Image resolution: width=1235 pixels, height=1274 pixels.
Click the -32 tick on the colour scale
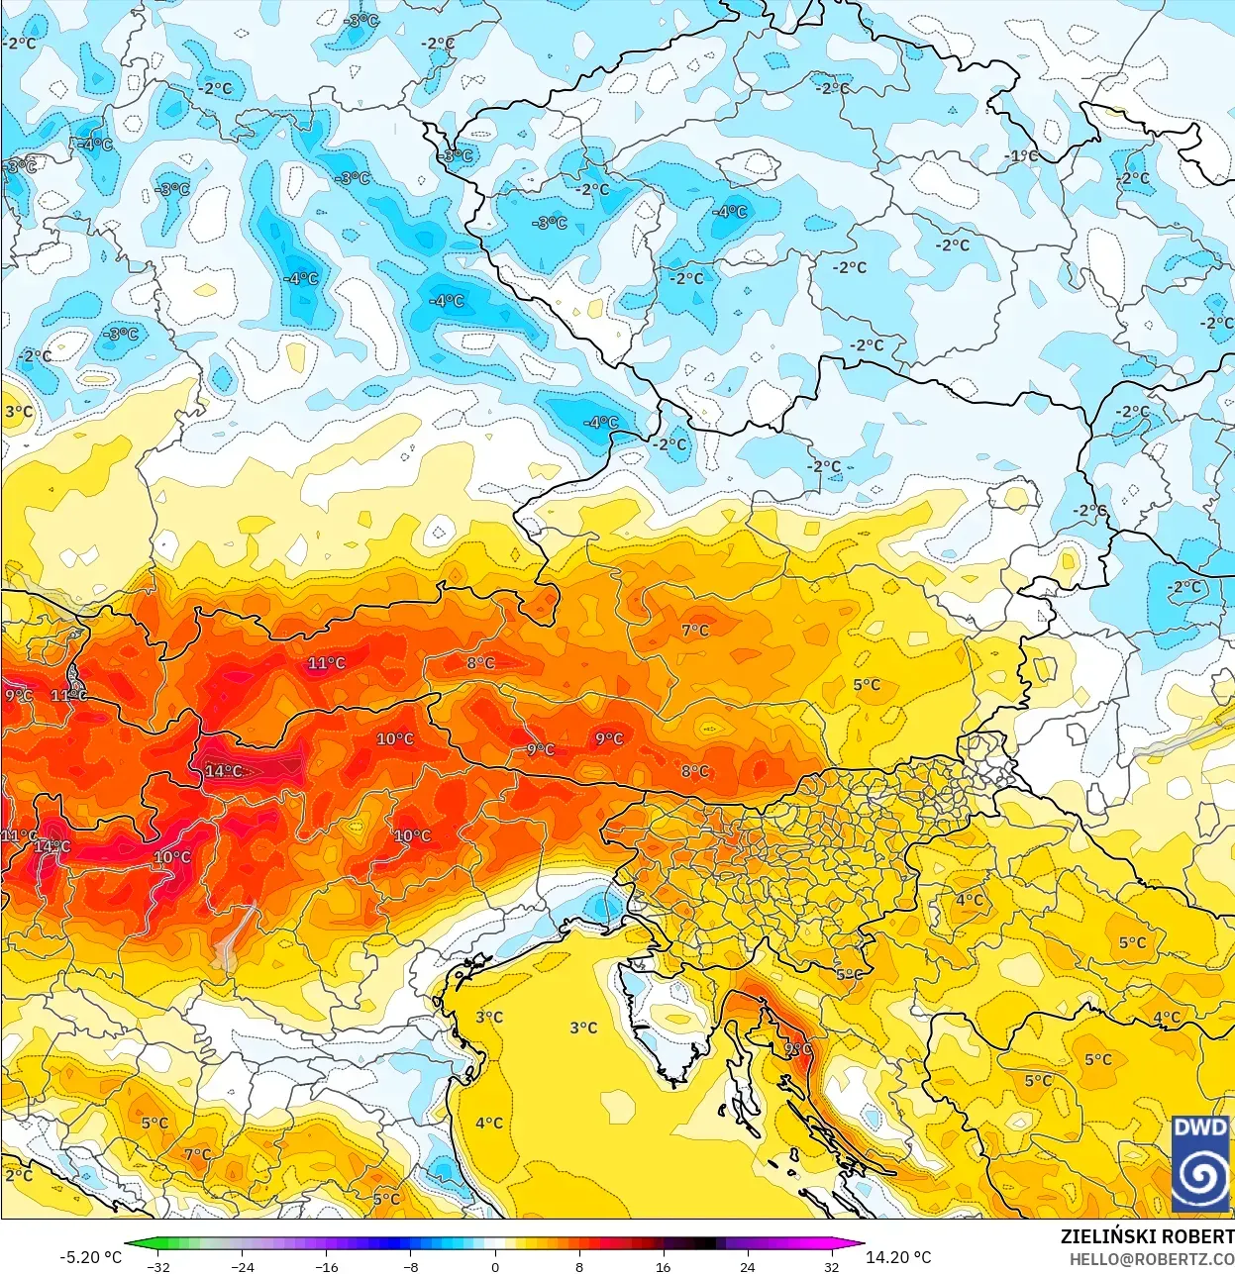(x=158, y=1266)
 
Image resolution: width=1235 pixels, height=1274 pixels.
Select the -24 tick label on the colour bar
(x=243, y=1266)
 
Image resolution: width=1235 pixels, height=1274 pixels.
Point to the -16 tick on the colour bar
(x=327, y=1266)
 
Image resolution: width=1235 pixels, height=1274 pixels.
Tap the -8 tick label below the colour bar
(x=411, y=1266)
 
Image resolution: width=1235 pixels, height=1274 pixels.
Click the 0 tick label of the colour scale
(x=495, y=1266)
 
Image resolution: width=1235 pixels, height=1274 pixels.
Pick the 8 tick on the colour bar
(x=579, y=1266)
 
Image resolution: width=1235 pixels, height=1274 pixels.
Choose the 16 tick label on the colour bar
(x=663, y=1266)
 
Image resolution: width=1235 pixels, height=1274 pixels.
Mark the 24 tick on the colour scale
(x=747, y=1266)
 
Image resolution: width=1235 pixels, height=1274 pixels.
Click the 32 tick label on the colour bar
(x=831, y=1266)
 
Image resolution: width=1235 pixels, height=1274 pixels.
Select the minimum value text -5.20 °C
(x=91, y=1257)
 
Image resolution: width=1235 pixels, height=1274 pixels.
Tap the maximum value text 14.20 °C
(x=898, y=1257)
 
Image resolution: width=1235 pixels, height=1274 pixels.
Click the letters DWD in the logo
(x=1200, y=1127)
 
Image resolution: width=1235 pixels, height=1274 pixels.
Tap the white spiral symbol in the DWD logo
(x=1200, y=1175)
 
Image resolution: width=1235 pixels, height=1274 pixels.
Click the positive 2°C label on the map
(x=19, y=1175)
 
